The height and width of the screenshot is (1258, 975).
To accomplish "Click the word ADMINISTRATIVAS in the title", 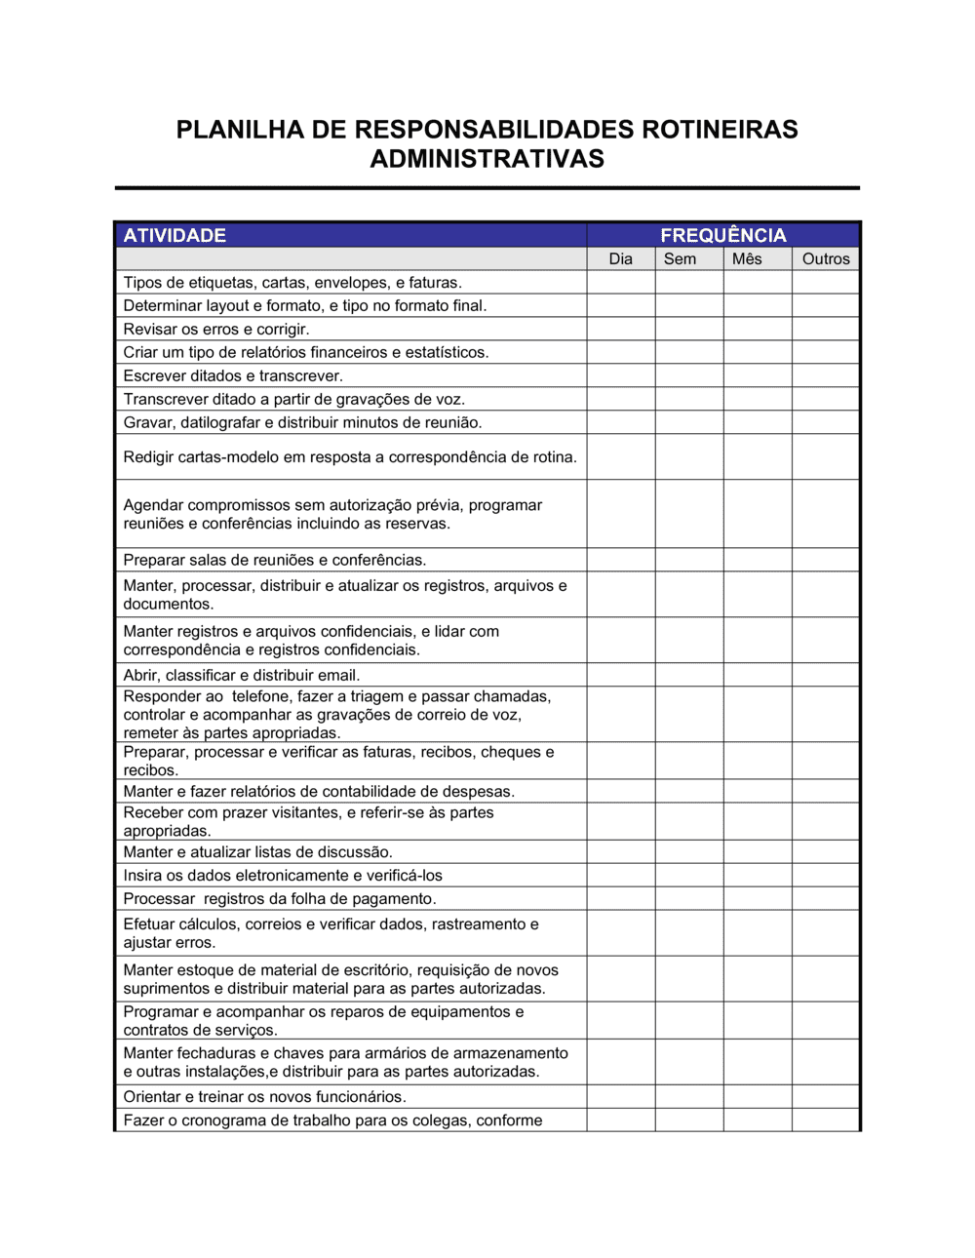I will (x=487, y=159).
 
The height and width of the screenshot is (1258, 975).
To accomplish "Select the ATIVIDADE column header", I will (x=175, y=235).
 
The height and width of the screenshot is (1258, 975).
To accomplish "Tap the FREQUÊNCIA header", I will (x=722, y=235).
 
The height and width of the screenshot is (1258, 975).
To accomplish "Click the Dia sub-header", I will (x=620, y=259).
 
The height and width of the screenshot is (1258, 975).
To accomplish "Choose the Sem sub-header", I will (x=680, y=259).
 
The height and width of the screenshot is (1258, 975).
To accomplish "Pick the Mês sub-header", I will (x=747, y=259).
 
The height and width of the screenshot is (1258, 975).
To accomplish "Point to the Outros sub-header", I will (x=825, y=259).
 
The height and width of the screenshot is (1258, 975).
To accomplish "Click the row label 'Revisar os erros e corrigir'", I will (x=215, y=330).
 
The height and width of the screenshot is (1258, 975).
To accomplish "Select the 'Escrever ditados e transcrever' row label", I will (x=232, y=376).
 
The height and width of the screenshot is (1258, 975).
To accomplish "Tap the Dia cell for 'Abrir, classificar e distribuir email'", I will (x=620, y=675).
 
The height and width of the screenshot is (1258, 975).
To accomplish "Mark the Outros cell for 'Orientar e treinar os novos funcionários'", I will (x=825, y=1097).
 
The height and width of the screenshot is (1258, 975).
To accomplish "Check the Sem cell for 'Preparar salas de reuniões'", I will (x=689, y=560).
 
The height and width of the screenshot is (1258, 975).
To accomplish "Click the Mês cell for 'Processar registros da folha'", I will (x=758, y=899).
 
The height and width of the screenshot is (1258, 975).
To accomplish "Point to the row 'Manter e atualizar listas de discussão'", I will (x=257, y=852).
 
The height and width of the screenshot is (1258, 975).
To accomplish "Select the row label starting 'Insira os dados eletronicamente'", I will (x=282, y=876).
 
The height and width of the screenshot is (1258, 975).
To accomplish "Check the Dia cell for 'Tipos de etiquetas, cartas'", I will (x=620, y=283).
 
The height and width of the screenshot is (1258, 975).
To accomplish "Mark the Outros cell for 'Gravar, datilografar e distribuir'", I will (x=825, y=422).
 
